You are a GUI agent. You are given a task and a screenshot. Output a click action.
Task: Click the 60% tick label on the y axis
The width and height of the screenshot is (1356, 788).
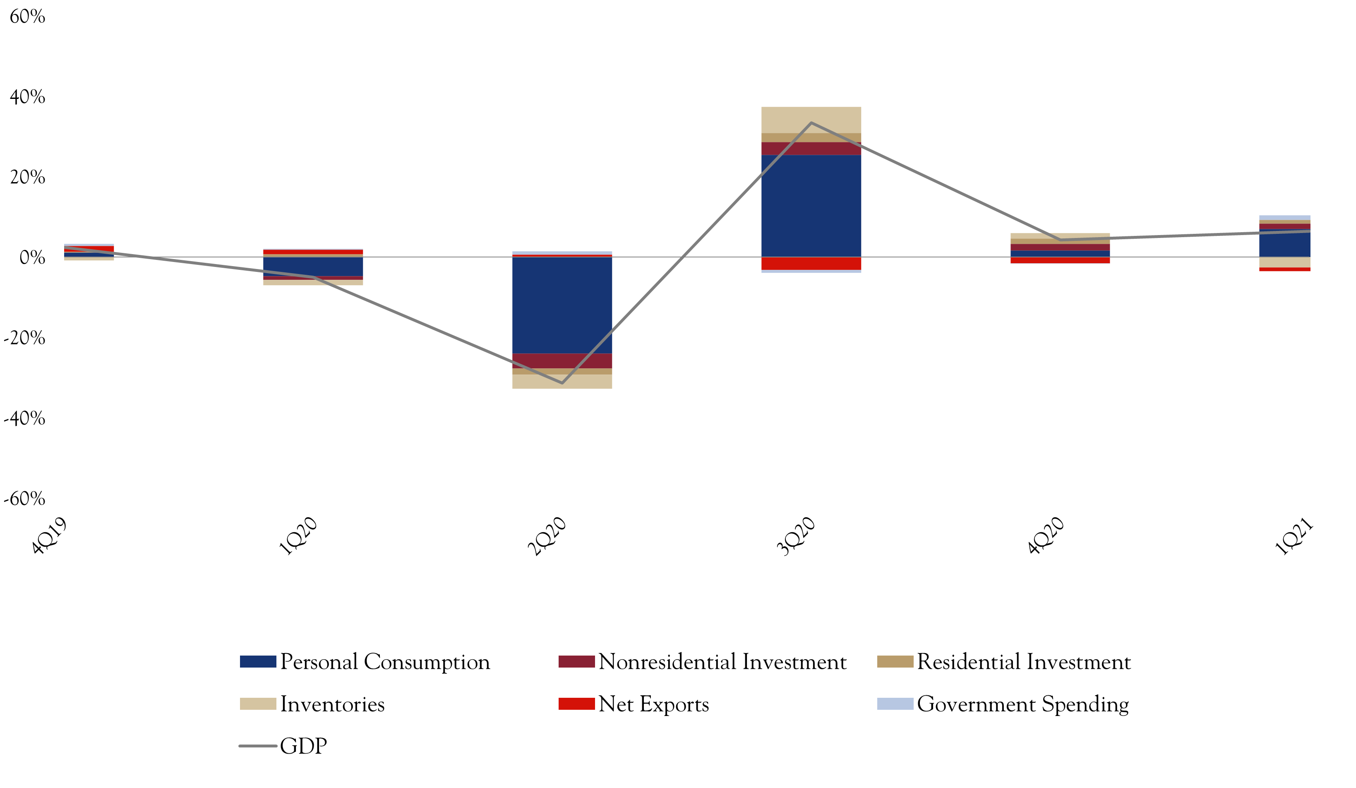(x=27, y=17)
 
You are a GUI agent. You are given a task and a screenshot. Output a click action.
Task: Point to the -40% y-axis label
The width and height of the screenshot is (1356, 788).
(x=25, y=418)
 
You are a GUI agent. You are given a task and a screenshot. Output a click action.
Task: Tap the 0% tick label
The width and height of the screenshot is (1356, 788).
(x=32, y=258)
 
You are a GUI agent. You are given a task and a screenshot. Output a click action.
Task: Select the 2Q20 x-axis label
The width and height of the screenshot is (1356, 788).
(x=547, y=536)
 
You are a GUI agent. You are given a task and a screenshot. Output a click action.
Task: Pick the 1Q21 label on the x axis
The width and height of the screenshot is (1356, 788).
(x=1294, y=536)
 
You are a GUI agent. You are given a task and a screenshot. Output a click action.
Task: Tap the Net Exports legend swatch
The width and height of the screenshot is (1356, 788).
(x=576, y=704)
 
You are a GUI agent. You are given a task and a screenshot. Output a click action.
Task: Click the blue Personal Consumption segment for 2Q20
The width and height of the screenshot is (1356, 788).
(x=562, y=305)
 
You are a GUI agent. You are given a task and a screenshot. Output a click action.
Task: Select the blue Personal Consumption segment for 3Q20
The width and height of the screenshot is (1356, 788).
(x=811, y=206)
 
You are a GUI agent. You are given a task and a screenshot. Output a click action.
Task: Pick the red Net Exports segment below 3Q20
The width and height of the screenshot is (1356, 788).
(x=811, y=263)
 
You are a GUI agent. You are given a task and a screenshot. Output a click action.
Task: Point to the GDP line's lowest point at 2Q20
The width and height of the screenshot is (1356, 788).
(x=562, y=383)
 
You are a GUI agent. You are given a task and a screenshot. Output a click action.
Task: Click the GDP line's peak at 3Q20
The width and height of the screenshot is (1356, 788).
(x=811, y=123)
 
